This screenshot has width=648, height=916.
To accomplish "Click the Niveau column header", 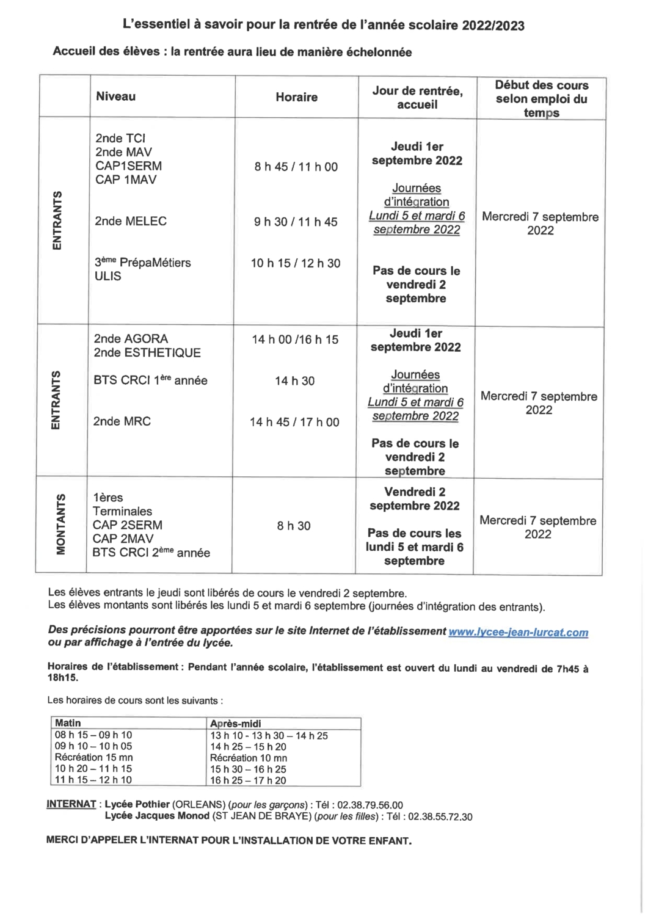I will click(x=115, y=96).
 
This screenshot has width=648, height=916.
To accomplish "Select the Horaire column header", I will click(x=296, y=97).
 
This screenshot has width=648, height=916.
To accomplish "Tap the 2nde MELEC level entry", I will click(x=131, y=221).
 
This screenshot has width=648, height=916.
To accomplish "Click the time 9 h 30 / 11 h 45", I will click(x=296, y=222).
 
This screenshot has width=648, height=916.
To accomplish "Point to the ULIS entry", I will click(x=108, y=276).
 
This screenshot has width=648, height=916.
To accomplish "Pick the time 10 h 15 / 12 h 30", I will click(x=296, y=263).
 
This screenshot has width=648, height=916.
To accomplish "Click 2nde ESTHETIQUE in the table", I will click(x=147, y=352).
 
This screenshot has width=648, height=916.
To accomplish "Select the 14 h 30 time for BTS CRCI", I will click(x=294, y=381).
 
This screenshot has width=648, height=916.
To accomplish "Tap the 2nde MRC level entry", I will click(x=122, y=421).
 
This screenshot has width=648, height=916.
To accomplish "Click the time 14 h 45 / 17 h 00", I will click(x=294, y=422).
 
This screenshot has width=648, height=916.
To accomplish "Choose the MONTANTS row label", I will click(x=61, y=524).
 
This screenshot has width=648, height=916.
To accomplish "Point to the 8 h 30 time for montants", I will click(x=294, y=526).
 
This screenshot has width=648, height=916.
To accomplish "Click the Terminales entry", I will click(x=122, y=511).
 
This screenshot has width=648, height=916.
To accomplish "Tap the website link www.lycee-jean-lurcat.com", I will click(x=518, y=633).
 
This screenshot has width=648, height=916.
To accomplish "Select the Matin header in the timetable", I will click(x=68, y=723).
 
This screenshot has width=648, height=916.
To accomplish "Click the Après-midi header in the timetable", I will click(x=236, y=724).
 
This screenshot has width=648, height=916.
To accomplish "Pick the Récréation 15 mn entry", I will click(x=93, y=757).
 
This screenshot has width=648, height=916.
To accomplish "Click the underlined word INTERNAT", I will click(x=71, y=804).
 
